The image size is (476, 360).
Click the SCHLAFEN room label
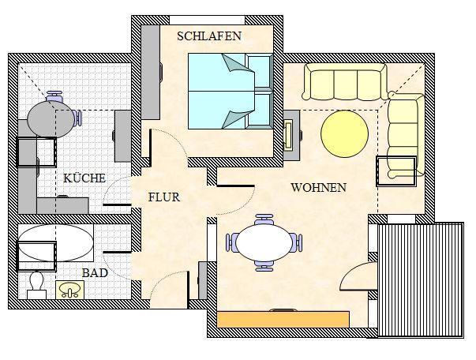click(209, 36)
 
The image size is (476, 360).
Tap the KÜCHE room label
click(84, 178)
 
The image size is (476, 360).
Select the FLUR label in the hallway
click(164, 197)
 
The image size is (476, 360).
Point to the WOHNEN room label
click(318, 188)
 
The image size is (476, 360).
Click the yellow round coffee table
click(344, 133)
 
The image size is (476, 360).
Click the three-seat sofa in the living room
click(345, 82)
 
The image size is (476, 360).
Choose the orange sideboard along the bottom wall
click(283, 319)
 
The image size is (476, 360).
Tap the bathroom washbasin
click(69, 289)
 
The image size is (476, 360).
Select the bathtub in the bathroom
click(55, 245)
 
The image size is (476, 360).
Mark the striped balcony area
click(421, 276)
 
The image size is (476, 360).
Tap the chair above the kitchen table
click(54, 96)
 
